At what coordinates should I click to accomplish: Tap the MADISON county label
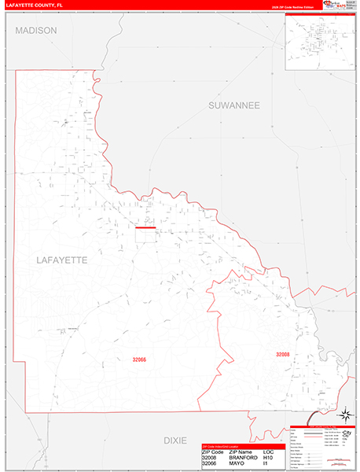(36, 30)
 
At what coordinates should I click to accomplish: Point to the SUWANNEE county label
(234, 105)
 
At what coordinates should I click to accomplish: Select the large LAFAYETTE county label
(62, 259)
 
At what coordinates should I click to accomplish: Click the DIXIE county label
(175, 441)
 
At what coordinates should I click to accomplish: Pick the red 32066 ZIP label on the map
(140, 360)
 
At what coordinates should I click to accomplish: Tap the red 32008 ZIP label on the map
(283, 355)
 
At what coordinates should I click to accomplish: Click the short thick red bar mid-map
(146, 228)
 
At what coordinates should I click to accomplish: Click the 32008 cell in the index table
(210, 458)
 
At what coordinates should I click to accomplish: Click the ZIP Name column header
(241, 452)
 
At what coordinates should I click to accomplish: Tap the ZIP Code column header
(213, 452)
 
